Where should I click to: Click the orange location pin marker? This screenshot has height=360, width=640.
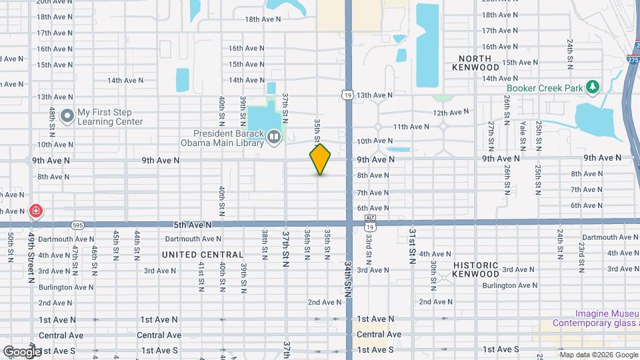click(x=321, y=159)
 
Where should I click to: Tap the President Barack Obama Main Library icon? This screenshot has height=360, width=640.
click(x=274, y=137)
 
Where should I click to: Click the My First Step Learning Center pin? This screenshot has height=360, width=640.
click(x=67, y=117)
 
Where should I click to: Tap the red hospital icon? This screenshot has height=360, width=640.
click(x=35, y=212)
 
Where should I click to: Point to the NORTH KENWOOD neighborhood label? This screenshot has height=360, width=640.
click(x=475, y=63)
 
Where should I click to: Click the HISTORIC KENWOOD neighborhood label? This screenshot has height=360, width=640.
click(x=476, y=269)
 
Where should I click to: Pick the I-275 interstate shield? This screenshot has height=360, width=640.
click(x=633, y=59)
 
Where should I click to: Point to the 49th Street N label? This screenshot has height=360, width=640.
click(x=31, y=257)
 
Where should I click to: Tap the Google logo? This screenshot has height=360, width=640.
click(x=21, y=351)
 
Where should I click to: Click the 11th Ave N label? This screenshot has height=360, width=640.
click(x=411, y=127)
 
